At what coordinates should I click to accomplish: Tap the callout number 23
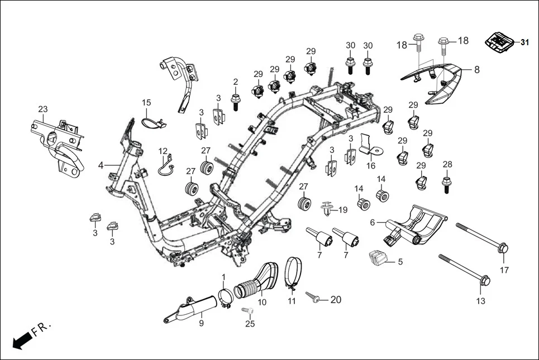(43, 109)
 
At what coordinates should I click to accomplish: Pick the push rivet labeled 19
(327, 210)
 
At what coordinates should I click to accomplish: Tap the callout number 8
(476, 70)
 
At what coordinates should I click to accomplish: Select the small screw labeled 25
(247, 310)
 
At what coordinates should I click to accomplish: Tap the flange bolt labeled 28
(447, 183)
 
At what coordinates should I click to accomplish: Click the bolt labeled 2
(236, 101)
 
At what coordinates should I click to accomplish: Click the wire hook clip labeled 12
(165, 166)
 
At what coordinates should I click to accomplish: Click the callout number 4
(101, 165)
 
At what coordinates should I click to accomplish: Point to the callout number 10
(262, 302)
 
